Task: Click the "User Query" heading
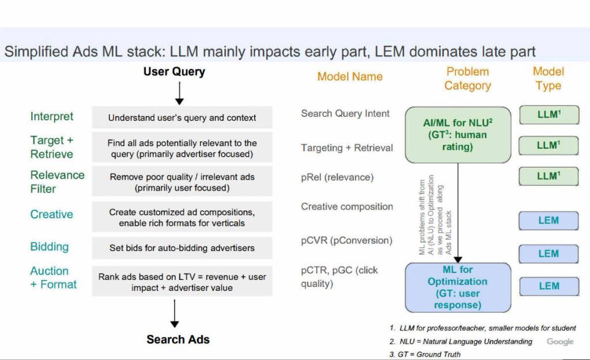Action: pyautogui.click(x=174, y=72)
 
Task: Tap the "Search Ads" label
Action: pyautogui.click(x=177, y=339)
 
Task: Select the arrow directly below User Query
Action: pyautogui.click(x=179, y=93)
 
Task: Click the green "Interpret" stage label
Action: pyautogui.click(x=52, y=116)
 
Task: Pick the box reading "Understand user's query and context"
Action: pyautogui.click(x=182, y=118)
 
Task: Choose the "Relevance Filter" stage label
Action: pyautogui.click(x=57, y=181)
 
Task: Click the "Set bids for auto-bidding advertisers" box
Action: pyautogui.click(x=182, y=248)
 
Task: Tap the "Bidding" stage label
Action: pyautogui.click(x=50, y=247)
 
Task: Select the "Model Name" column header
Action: pyautogui.click(x=350, y=77)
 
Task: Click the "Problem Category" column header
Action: pyautogui.click(x=467, y=79)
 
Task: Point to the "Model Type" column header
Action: pyautogui.click(x=548, y=79)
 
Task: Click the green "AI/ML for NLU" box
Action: pyautogui.click(x=458, y=135)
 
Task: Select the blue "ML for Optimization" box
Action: pyautogui.click(x=457, y=287)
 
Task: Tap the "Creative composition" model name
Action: pyautogui.click(x=347, y=206)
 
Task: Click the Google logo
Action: pyautogui.click(x=560, y=342)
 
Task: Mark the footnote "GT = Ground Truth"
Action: pyautogui.click(x=425, y=354)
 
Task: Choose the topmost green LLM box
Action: pyautogui.click(x=549, y=115)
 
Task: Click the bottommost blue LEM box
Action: pyautogui.click(x=549, y=286)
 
